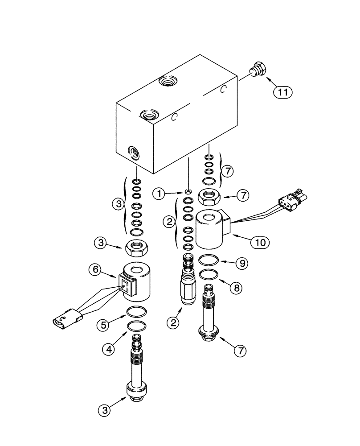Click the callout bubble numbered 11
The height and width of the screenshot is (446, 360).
(282, 92)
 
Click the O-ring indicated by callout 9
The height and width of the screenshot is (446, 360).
(209, 260)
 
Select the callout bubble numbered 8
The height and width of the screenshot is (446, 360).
(235, 288)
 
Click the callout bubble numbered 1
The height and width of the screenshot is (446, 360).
(159, 194)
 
